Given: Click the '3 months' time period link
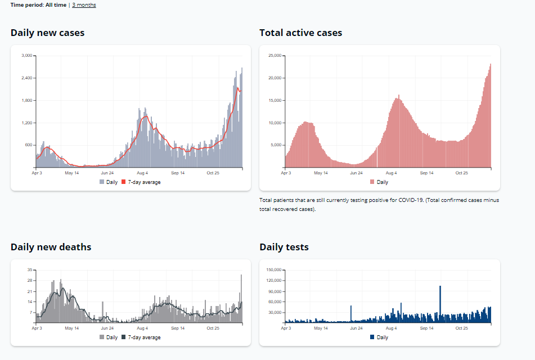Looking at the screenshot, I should (x=84, y=5).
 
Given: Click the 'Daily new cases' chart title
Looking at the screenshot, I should (x=47, y=33).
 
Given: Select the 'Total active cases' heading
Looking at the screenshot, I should (x=300, y=33).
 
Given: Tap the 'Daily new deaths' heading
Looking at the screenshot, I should (x=51, y=247).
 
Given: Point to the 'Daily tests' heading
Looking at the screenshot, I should (x=284, y=247).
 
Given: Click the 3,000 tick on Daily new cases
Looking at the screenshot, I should (x=26, y=56).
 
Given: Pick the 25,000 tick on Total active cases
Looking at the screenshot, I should (x=274, y=56).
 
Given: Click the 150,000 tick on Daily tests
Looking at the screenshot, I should (x=273, y=270).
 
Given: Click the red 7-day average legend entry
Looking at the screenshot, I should (x=141, y=182).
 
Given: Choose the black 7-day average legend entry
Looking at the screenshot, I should (x=141, y=337).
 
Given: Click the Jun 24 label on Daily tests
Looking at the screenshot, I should (x=356, y=328).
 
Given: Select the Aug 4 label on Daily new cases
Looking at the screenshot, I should (x=142, y=173).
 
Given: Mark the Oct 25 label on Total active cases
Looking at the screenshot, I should (x=461, y=173).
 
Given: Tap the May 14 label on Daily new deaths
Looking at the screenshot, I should (x=71, y=328).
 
